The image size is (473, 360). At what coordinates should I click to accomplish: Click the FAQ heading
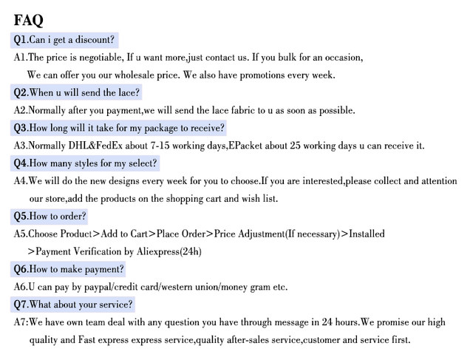(x=28, y=19)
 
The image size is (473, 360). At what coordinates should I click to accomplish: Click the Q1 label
(x=21, y=39)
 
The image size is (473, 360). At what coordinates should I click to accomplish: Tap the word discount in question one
(x=95, y=39)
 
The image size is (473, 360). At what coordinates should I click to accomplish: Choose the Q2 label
(x=21, y=92)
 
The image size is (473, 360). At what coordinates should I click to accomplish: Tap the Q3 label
(x=21, y=128)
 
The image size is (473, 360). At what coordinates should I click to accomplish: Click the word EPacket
(x=249, y=146)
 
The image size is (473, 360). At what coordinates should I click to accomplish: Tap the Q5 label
(x=21, y=217)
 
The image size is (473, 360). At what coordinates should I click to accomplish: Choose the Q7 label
(x=21, y=305)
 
